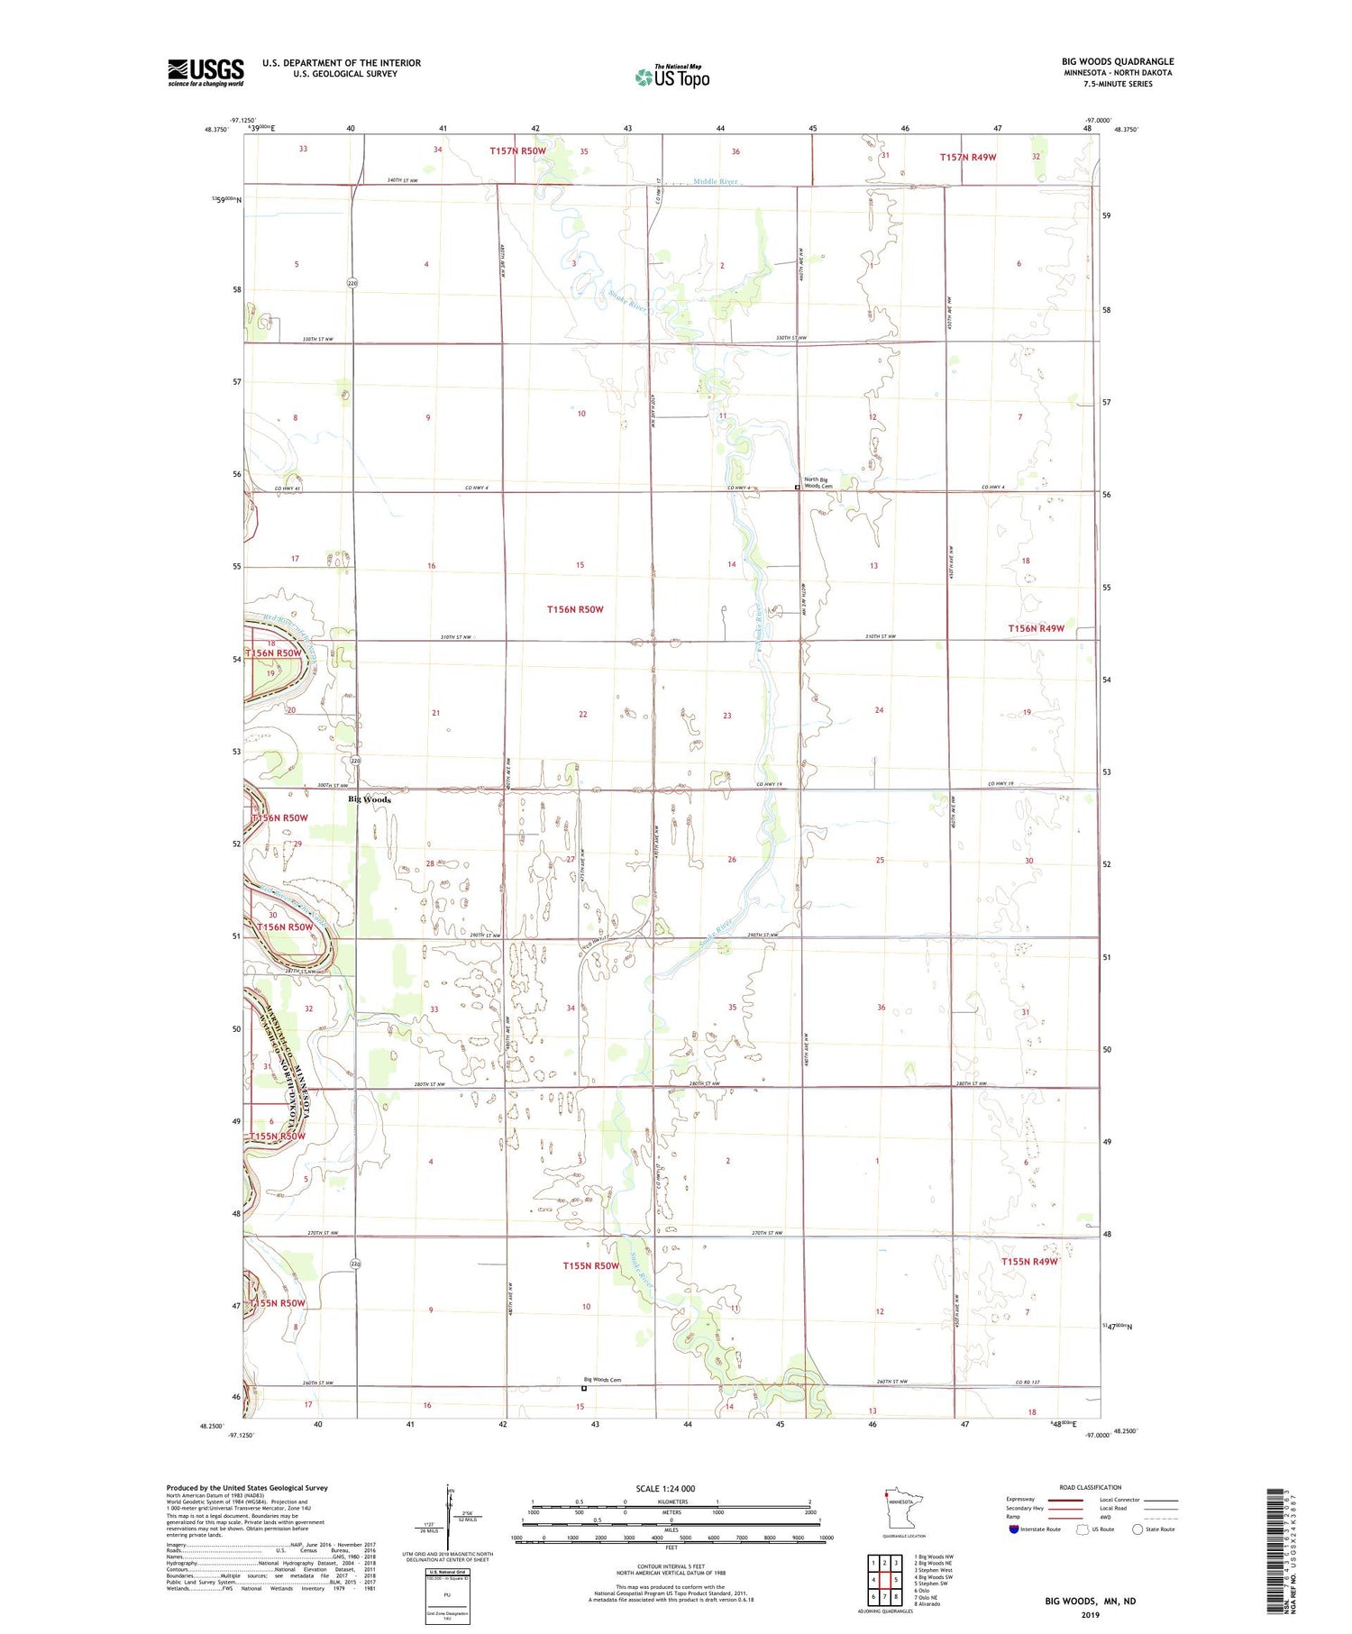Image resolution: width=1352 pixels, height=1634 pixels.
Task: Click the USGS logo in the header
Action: pos(206,72)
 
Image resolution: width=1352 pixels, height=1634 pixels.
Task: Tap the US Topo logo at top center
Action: pos(672,78)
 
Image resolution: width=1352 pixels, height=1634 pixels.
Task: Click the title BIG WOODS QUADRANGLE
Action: pos(1117,61)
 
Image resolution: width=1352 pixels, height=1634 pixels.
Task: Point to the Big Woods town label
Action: pos(370,799)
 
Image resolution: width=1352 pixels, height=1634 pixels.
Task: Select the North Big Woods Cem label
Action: pos(818,483)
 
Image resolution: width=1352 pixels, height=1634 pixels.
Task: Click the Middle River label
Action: pos(716,182)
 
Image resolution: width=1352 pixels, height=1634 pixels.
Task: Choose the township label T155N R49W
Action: pos(1028,1262)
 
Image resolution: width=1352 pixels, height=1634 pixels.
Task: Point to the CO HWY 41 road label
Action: pos(289,488)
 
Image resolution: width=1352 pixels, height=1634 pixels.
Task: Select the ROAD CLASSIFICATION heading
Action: pos(1091,1487)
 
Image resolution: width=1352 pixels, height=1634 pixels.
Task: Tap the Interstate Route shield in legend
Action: pos(1014,1529)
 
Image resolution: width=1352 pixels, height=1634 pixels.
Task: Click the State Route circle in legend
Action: pos(1137,1529)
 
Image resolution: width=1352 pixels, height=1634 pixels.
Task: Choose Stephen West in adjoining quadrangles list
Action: pos(933,1570)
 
